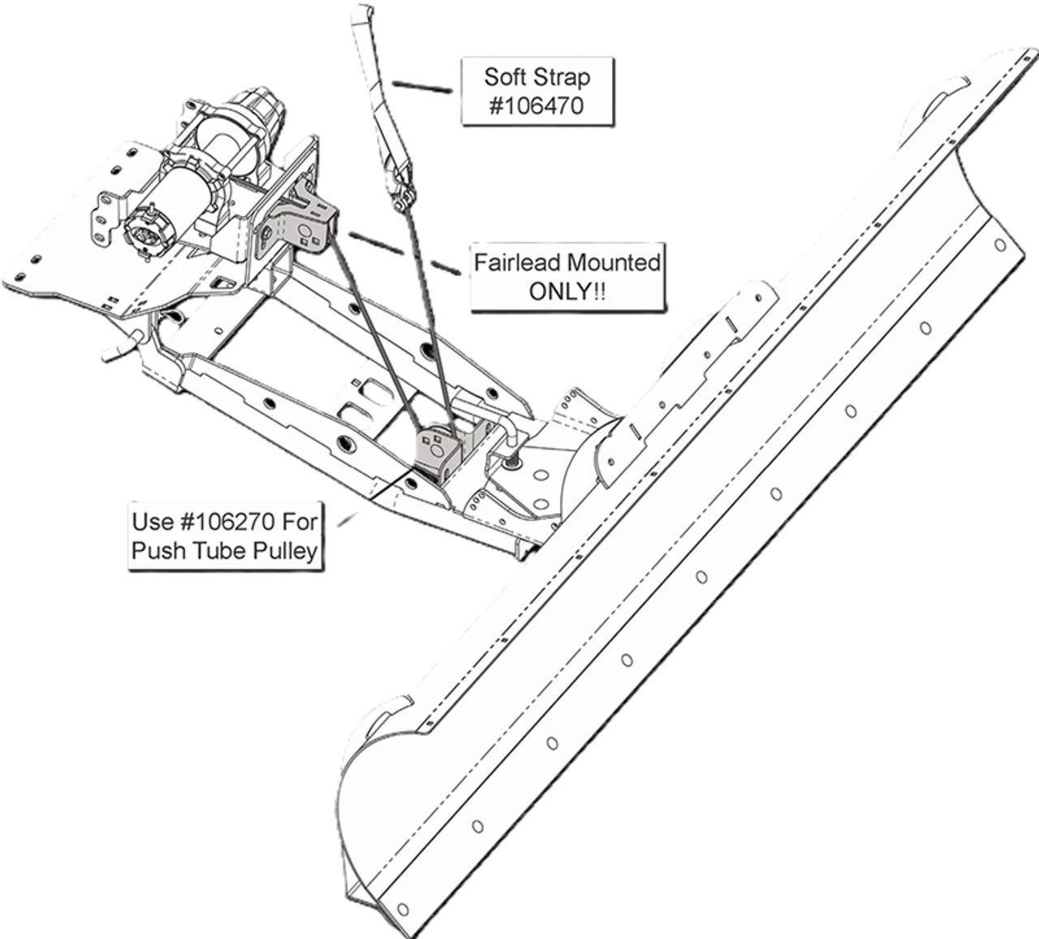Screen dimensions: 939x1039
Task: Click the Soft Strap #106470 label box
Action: coord(536,90)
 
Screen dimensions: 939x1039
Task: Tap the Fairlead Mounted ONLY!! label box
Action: coord(566,277)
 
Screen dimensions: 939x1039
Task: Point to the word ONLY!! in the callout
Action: coord(567,291)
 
